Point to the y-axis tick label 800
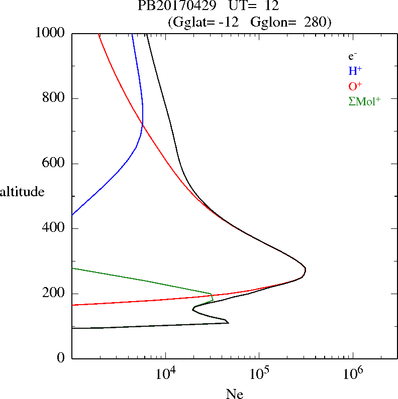coord(54,98)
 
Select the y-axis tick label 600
coord(54,164)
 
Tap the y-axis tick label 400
coord(54,228)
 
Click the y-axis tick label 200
coord(54,294)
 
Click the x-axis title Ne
coord(235,394)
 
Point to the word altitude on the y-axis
coord(22,192)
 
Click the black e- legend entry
coord(353,56)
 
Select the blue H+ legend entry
coord(355,71)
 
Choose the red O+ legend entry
coord(355,86)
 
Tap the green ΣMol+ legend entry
coord(364,101)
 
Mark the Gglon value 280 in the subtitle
coord(316,23)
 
